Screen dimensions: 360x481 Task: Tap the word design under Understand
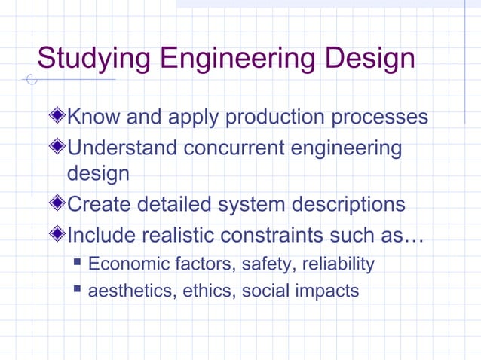pos(98,175)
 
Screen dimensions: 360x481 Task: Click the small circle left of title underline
pos(31,80)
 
